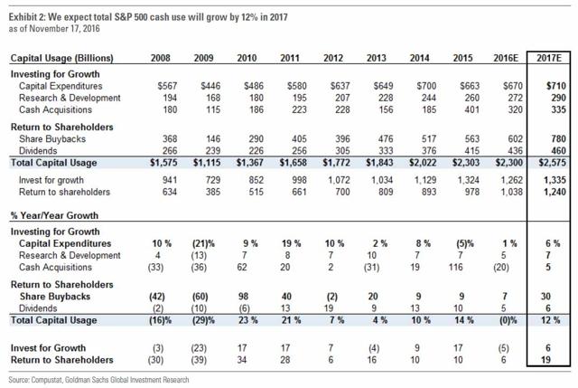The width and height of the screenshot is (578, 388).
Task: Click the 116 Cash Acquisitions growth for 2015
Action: tap(453, 269)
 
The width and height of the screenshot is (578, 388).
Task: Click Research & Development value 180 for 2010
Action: tap(260, 98)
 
